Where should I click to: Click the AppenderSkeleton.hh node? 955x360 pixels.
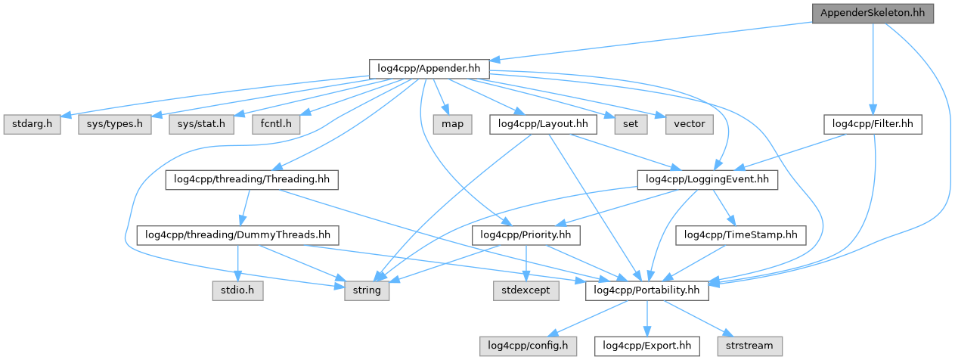pos(872,13)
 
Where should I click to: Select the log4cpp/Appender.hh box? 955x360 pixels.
pos(429,69)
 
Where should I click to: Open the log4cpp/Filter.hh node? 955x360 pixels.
pos(873,124)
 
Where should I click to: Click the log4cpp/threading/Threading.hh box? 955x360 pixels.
pos(251,180)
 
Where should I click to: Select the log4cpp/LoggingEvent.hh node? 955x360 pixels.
pos(708,180)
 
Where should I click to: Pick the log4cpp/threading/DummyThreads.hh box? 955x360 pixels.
pos(237,235)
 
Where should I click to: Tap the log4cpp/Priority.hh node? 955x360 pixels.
pos(526,235)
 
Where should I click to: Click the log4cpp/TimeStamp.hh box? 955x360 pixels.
pos(741,235)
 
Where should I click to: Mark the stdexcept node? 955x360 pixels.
pos(526,290)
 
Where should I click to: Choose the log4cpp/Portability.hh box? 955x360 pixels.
pos(646,290)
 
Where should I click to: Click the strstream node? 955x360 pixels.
pos(749,346)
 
